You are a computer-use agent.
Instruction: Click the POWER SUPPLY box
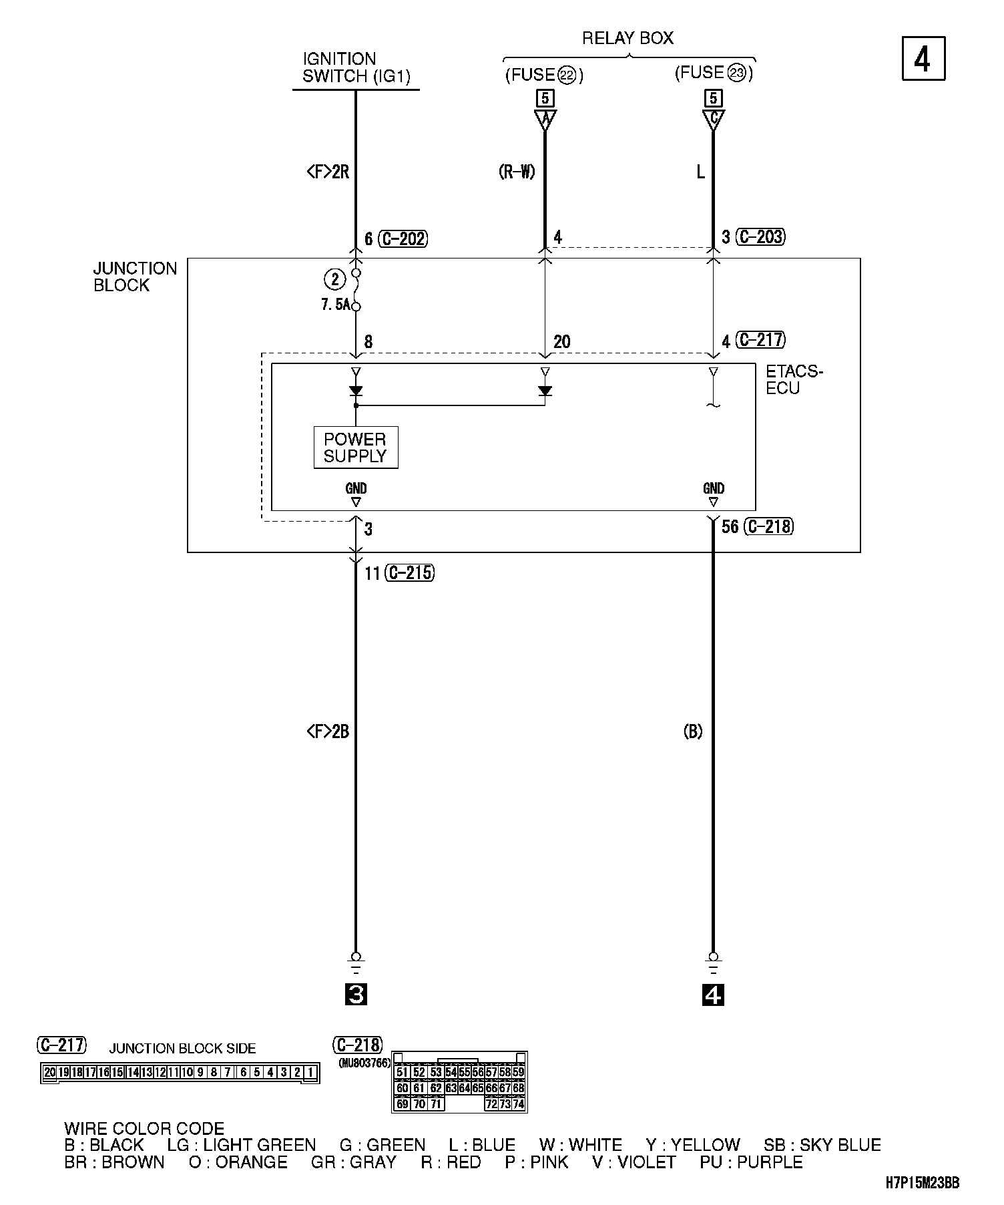(356, 448)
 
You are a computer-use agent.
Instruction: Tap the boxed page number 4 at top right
(923, 59)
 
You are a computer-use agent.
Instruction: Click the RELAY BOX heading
(627, 39)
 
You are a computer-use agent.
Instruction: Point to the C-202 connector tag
(403, 239)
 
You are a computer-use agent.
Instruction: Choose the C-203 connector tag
(760, 237)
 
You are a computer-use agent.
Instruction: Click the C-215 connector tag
(409, 573)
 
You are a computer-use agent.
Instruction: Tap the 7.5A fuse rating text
(335, 305)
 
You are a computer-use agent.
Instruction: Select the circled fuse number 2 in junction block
(335, 278)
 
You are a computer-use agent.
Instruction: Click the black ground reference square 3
(356, 995)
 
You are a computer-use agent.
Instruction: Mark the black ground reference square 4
(713, 995)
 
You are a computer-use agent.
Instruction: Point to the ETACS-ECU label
(794, 380)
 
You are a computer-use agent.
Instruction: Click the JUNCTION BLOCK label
(135, 277)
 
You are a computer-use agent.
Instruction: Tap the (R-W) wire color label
(517, 172)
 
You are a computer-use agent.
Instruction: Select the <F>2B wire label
(328, 732)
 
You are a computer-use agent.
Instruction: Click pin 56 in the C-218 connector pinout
(478, 1073)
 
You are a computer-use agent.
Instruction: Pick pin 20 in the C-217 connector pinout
(49, 1073)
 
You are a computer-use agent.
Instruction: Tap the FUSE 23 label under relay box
(714, 73)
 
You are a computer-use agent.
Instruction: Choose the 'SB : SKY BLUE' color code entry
(822, 1145)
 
